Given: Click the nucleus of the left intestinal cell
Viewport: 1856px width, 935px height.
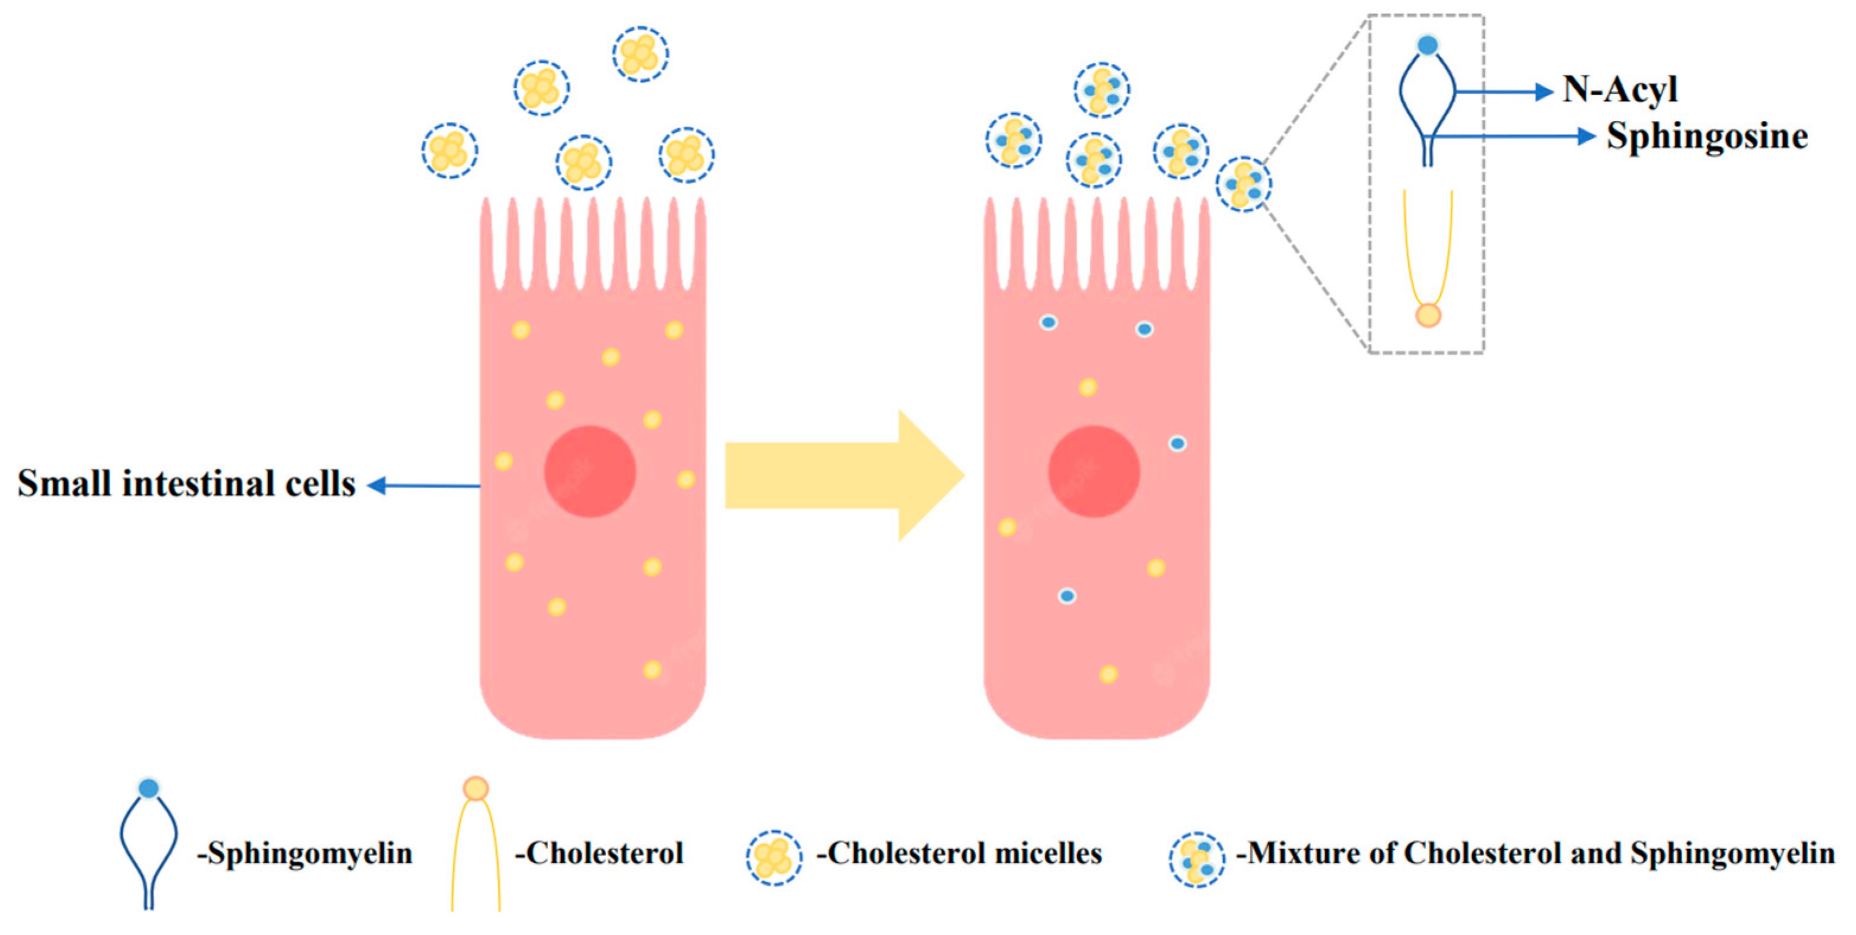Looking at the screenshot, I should pos(590,472).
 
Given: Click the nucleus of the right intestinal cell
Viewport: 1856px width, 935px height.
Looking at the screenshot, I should pos(1094,472).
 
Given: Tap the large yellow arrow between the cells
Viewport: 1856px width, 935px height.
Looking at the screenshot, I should pos(843,476).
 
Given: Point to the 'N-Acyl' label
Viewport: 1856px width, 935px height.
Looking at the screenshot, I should pos(1620,90).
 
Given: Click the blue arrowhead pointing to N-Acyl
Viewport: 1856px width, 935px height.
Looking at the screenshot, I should pos(1543,91).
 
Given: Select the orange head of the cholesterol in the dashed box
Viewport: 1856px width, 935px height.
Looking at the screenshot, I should pos(1428,315).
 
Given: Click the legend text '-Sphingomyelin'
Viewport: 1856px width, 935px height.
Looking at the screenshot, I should pos(305,854).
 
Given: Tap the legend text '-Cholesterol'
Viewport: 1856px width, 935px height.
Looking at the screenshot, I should pos(598,854).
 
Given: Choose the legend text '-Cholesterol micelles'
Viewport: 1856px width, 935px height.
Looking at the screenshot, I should pos(959,854).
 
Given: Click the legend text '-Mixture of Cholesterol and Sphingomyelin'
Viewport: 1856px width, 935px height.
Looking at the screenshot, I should pos(1535,854).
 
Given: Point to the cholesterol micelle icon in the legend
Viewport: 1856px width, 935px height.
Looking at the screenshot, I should pos(774,857).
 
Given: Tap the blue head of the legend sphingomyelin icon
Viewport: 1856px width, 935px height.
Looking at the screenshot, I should pos(148,788).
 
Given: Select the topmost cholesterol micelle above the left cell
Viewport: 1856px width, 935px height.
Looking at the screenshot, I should pos(640,54).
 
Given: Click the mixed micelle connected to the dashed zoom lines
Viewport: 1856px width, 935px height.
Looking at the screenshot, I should pos(1244,184).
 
